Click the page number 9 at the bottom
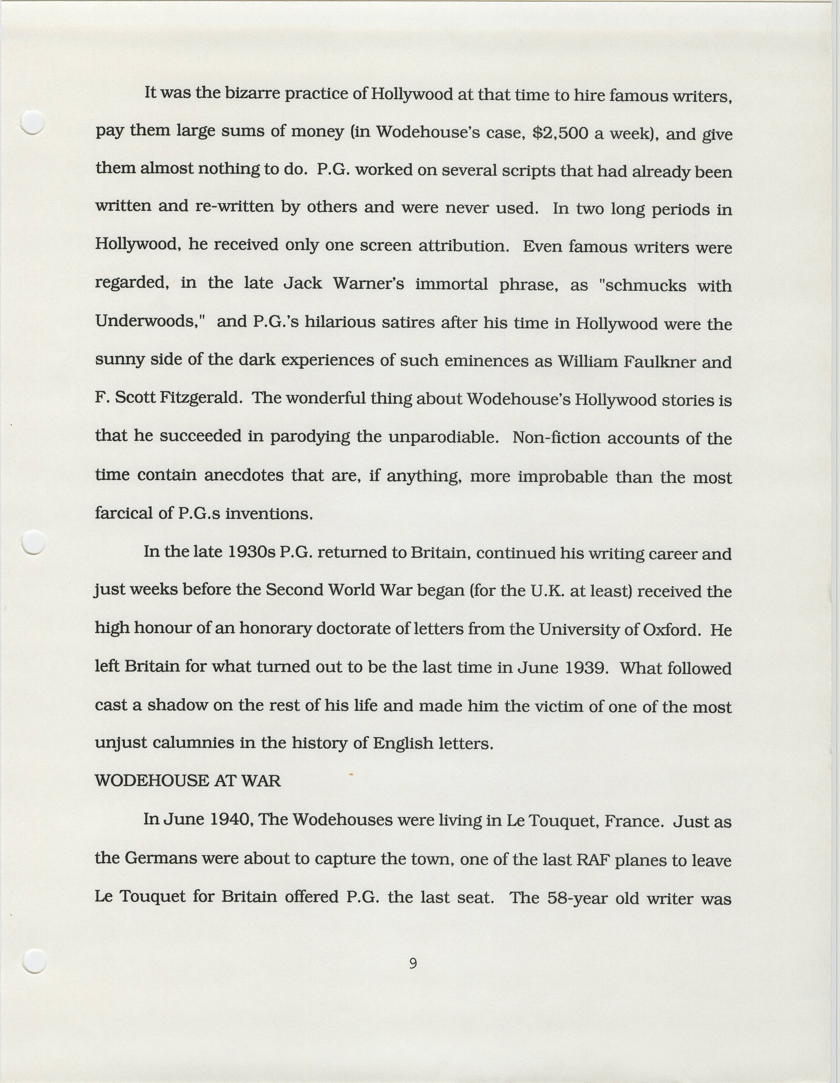[x=412, y=963]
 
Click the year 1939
[x=586, y=667]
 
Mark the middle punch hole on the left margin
[x=34, y=542]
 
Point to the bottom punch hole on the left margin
[x=34, y=961]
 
